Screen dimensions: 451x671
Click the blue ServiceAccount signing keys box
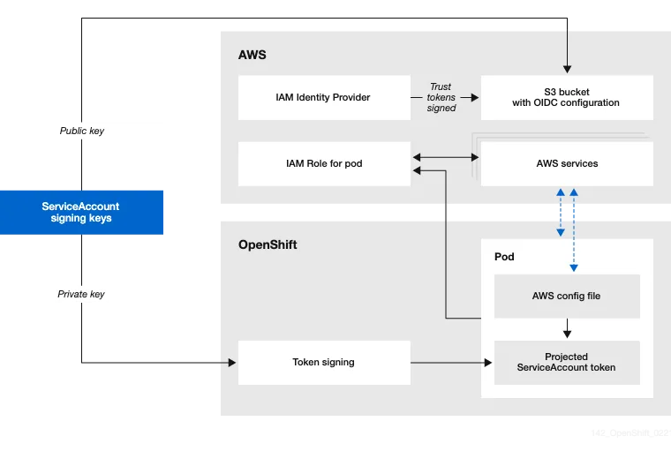81,212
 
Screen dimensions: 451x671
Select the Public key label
81,131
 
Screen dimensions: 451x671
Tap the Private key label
81,294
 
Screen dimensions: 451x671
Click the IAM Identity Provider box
323,97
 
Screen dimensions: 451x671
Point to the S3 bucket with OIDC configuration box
566,97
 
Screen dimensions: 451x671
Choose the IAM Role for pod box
323,163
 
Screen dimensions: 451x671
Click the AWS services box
566,163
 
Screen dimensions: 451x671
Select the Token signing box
323,362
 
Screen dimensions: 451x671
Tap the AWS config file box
566,296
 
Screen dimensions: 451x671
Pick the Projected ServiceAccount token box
566,362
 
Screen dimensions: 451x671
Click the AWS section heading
252,55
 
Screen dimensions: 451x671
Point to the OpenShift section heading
268,244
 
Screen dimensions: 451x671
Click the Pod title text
504,257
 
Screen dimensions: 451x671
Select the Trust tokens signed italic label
441,97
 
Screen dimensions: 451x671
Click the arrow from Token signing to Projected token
450,362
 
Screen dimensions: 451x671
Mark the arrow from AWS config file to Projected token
566,329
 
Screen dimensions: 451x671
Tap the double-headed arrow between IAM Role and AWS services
445,157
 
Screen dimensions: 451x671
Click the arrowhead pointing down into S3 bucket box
567,69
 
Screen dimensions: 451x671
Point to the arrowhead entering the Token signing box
232,362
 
